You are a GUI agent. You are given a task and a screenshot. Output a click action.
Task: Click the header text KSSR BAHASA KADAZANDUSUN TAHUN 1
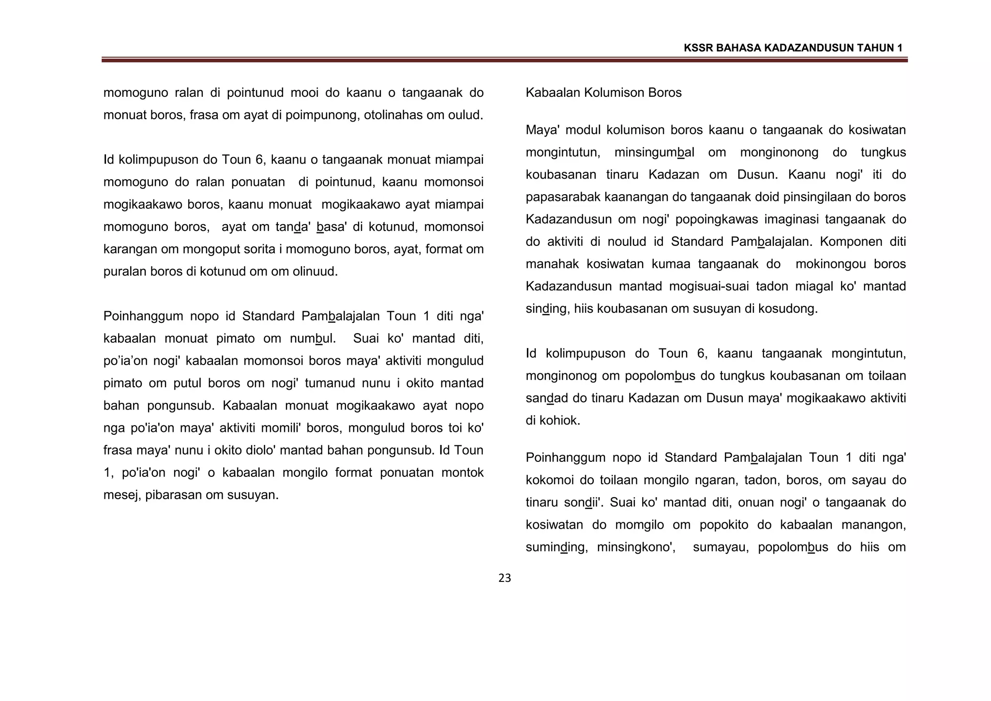pos(793,48)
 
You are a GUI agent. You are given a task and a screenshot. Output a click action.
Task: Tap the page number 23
pos(504,578)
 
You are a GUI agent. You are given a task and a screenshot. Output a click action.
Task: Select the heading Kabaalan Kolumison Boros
pos(603,92)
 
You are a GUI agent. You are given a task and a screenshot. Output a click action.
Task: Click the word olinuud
pos(315,272)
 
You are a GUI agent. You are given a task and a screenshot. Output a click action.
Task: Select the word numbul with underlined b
pos(312,338)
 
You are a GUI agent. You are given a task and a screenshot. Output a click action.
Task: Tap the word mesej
pos(120,495)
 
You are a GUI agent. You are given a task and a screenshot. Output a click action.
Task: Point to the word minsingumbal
pos(654,152)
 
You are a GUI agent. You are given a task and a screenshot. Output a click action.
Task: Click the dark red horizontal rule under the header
pos(504,60)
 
